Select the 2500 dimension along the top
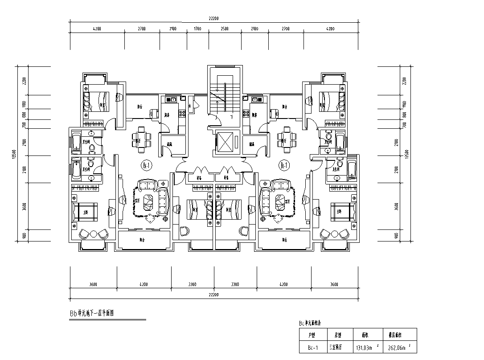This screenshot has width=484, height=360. point(225,29)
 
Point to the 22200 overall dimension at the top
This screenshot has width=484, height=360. point(213,18)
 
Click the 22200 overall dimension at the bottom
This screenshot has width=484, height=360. point(213,295)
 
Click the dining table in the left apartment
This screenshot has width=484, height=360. point(141,137)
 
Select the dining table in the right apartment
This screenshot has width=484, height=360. point(286,137)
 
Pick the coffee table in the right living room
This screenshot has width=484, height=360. point(280,201)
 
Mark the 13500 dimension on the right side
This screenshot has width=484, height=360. point(406,154)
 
